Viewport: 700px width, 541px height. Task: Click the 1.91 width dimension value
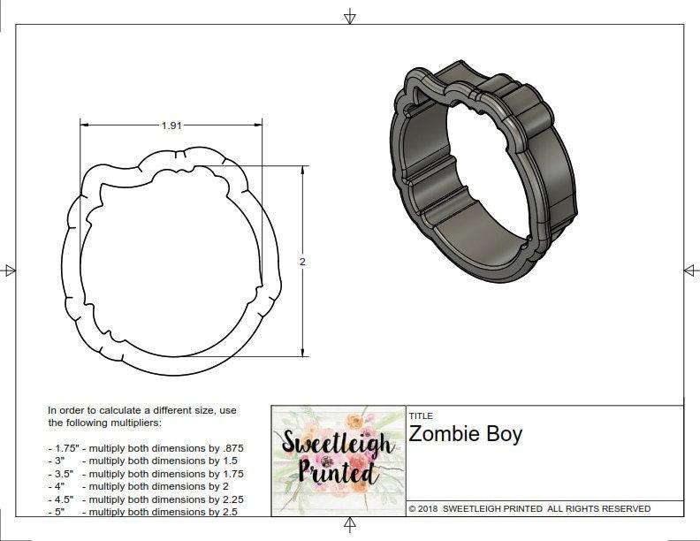171,126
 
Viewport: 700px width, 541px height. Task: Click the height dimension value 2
302,262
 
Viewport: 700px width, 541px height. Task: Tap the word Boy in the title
506,435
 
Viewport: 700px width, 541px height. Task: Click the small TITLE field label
420,415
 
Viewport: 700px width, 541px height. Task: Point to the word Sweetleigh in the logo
338,442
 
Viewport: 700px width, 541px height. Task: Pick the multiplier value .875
231,448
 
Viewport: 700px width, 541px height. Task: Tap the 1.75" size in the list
64,448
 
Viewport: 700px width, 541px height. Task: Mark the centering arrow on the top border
350,17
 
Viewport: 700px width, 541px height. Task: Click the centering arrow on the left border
9,270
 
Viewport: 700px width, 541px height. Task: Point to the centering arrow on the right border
690,270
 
